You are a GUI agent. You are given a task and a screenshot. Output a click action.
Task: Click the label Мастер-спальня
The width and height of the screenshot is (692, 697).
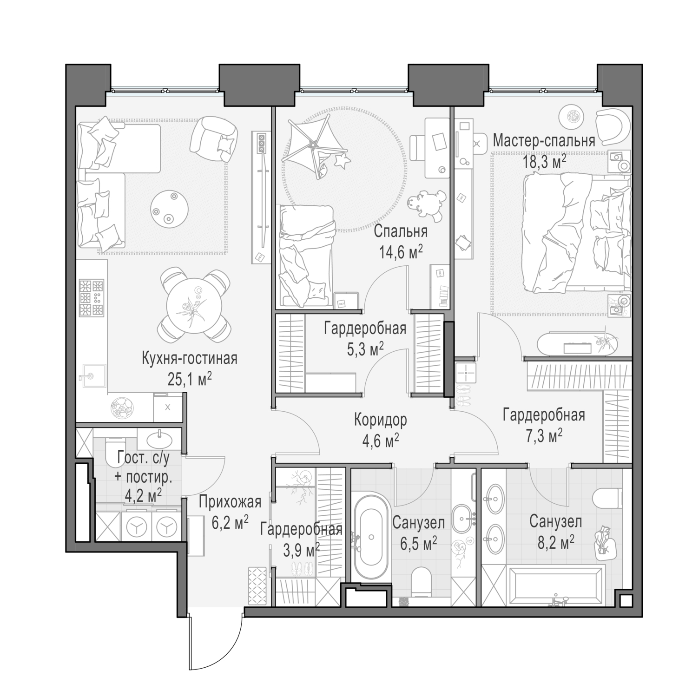[x=544, y=140]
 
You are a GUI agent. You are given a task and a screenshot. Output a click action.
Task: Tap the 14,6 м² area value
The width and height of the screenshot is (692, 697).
[x=400, y=252]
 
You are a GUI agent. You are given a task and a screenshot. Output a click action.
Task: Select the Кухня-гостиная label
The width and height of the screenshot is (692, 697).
[x=190, y=359]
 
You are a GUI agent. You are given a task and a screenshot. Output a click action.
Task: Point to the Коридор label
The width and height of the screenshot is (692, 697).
[x=380, y=420]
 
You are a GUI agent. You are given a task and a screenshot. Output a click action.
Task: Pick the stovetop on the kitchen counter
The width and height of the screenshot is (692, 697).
[x=91, y=297]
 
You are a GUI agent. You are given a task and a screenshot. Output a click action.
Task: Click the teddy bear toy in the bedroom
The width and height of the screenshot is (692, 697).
[x=427, y=204]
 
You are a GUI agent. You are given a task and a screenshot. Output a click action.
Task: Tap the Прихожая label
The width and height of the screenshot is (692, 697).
[x=230, y=502]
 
